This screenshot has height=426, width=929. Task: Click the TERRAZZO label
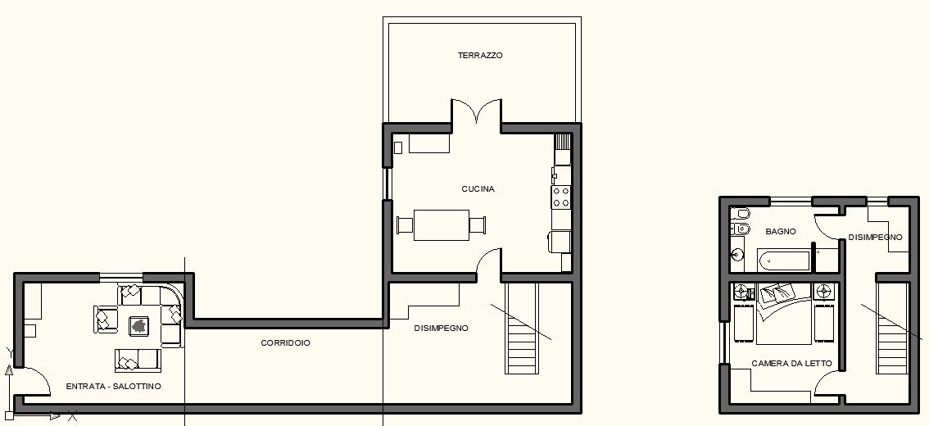(x=480, y=55)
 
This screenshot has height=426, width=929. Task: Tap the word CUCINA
(x=478, y=189)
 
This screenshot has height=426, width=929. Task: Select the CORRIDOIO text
(x=285, y=342)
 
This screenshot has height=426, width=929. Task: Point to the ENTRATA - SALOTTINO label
(x=113, y=386)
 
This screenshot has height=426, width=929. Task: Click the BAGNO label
(x=780, y=231)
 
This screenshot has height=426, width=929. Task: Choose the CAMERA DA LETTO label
(x=791, y=363)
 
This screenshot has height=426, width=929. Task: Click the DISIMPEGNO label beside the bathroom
(x=875, y=237)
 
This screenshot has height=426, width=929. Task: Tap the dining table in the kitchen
(x=442, y=225)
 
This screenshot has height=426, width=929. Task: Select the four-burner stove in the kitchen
(x=561, y=196)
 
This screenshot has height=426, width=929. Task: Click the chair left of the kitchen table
(x=405, y=225)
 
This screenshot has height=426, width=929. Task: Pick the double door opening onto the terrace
(x=476, y=111)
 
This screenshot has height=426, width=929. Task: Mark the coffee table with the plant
(x=139, y=325)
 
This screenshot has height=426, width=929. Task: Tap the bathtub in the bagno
(x=784, y=261)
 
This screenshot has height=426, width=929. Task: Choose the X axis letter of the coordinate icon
(x=72, y=416)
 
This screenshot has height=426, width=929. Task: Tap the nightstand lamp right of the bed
(x=823, y=291)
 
